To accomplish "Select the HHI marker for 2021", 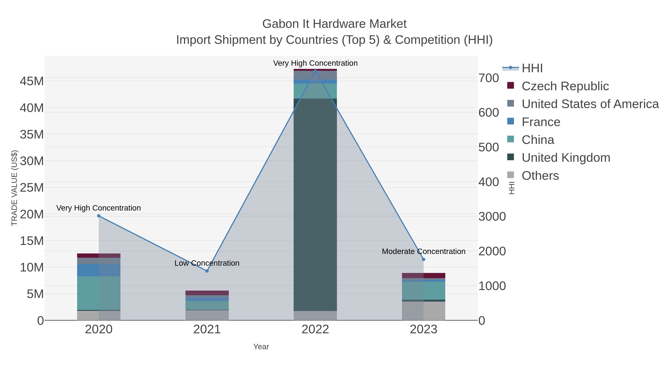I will coord(207,271).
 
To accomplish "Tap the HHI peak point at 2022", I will coord(315,70).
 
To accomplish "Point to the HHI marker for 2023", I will coord(424,259).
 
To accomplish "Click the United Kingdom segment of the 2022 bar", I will coord(315,205).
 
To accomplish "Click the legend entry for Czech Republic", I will coord(565,86).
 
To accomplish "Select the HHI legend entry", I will coord(532,68).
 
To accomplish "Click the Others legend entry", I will coord(540,176).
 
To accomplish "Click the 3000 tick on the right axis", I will coord(492,217).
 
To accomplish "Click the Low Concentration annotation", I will coord(207,263).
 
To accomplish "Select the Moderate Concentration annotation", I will coord(424,251).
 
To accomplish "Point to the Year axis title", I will coord(261,347).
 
